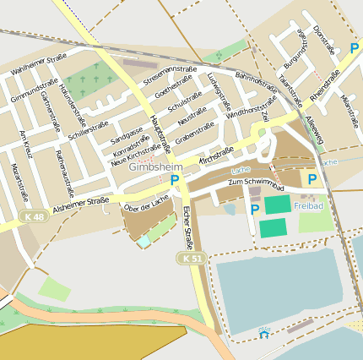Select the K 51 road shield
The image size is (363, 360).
pyautogui.click(x=188, y=257)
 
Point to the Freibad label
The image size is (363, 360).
pyautogui.click(x=309, y=205)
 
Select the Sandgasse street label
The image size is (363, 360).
pyautogui.click(x=127, y=134)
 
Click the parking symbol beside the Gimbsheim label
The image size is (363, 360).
pyautogui.click(x=175, y=180)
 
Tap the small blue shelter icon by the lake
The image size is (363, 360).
pyautogui.click(x=263, y=334)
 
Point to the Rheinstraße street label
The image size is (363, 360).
pyautogui.click(x=325, y=85)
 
